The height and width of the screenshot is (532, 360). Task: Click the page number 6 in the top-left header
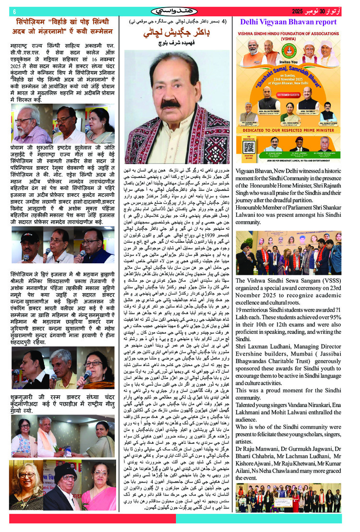point(15,11)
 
